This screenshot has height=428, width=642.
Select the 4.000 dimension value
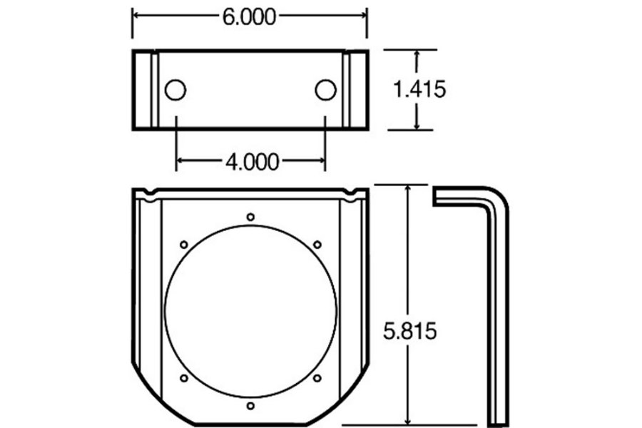click(x=252, y=162)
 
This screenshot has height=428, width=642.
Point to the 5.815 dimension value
click(x=409, y=331)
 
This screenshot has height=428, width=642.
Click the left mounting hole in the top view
click(x=175, y=90)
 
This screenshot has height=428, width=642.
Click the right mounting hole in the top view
click(x=325, y=90)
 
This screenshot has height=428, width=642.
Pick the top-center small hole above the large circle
click(x=250, y=217)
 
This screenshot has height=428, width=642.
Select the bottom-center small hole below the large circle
click(x=250, y=406)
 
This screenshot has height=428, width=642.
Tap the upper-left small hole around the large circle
click(x=183, y=245)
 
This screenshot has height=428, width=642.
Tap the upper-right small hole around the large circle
click(x=317, y=245)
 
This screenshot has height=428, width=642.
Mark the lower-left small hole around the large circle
click(x=183, y=378)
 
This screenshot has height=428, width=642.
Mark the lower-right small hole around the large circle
click(x=317, y=378)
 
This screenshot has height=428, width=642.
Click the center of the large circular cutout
click(x=250, y=312)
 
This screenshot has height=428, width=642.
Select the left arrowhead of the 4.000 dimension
click(x=180, y=162)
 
